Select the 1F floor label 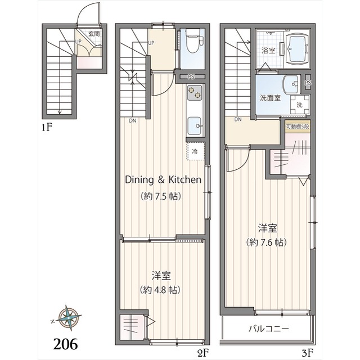47,127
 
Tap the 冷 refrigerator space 195,152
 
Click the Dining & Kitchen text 163,180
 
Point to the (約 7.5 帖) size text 163,197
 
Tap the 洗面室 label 270,97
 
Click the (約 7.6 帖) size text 267,242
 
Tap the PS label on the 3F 307,83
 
